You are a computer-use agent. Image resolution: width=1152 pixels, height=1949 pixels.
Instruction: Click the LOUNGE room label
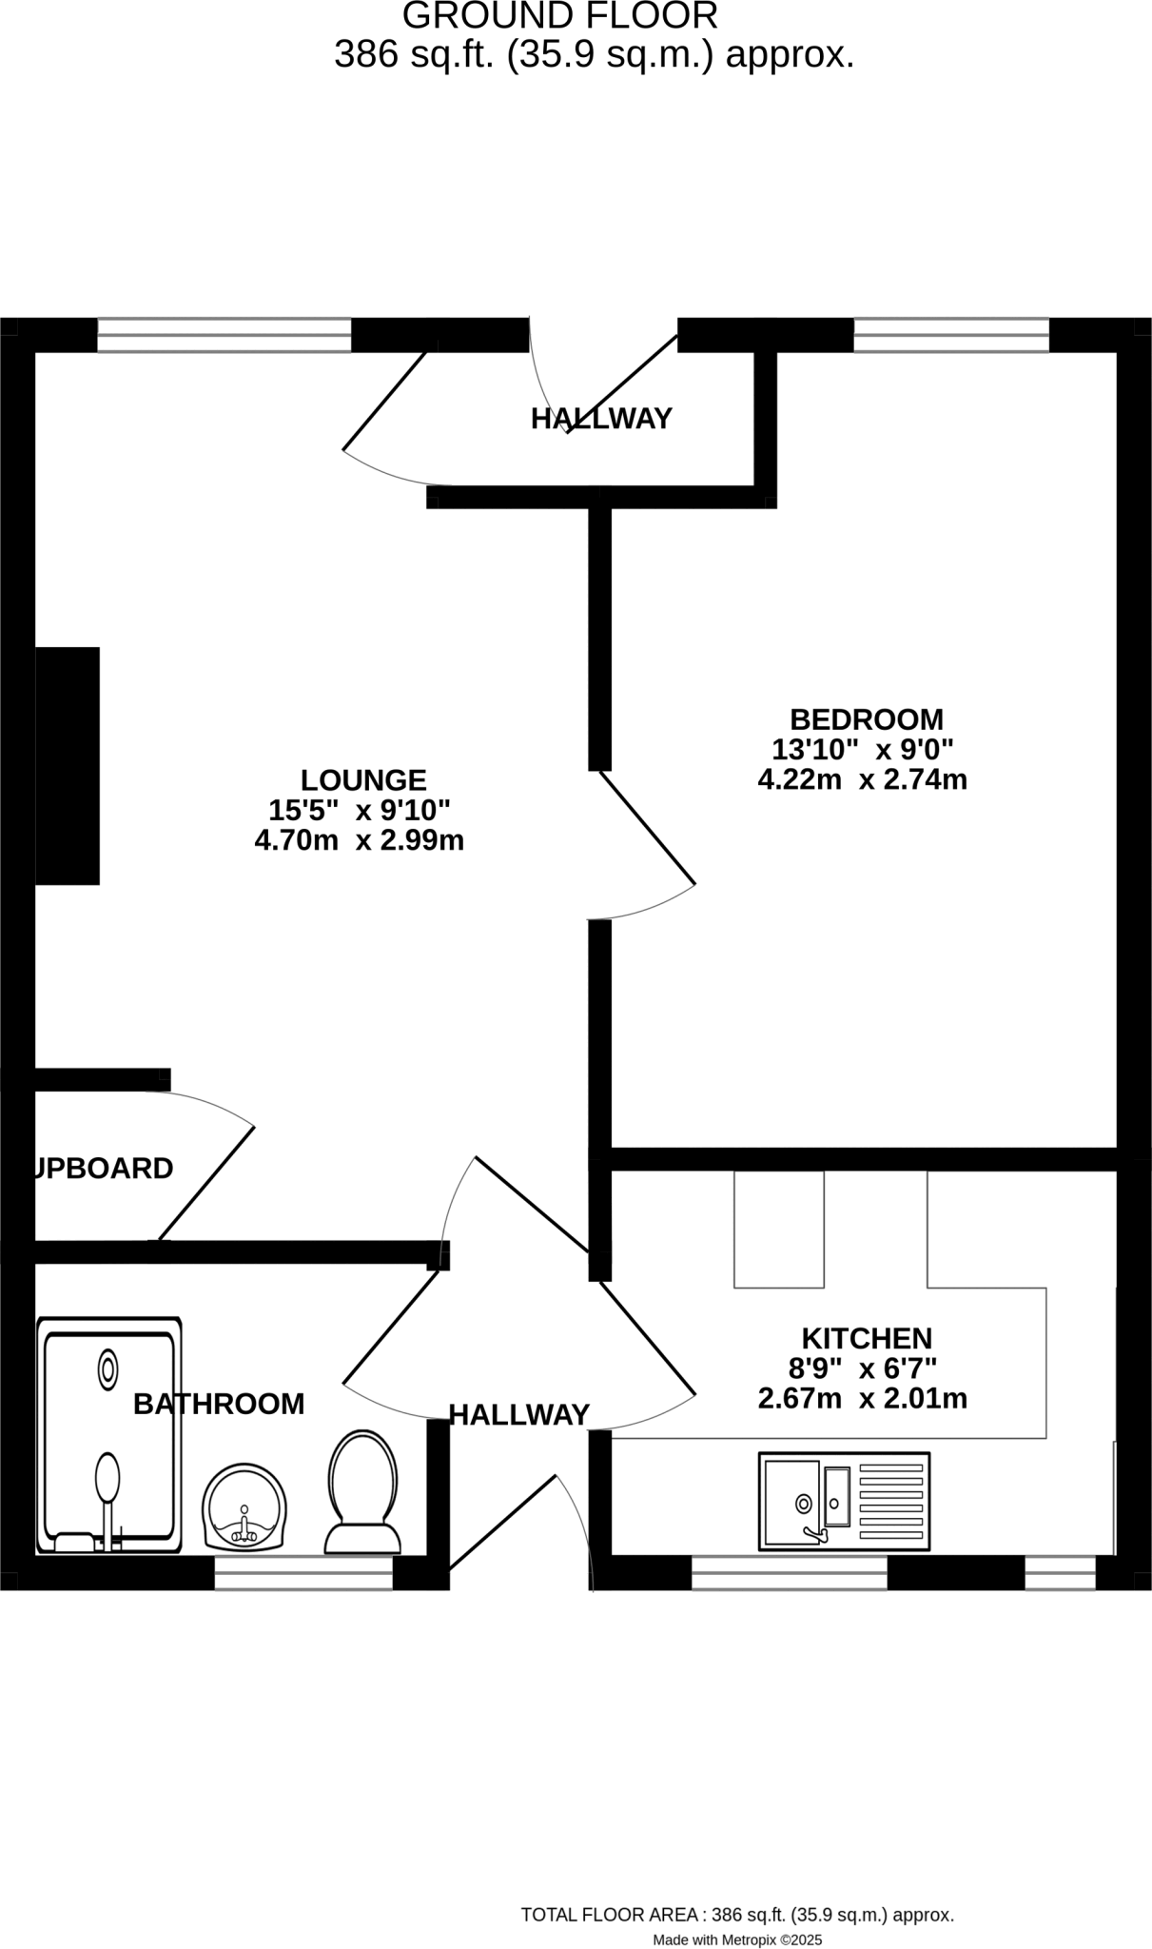[363, 780]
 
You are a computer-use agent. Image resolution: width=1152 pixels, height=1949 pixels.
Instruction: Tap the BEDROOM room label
[867, 719]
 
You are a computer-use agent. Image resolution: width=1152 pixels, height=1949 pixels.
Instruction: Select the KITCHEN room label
[867, 1339]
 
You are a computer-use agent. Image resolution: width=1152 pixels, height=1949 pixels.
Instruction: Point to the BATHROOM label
[219, 1404]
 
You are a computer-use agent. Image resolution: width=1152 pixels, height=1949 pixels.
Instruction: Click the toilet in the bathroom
[362, 1491]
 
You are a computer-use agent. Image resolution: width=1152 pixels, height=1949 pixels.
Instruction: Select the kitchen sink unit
[844, 1501]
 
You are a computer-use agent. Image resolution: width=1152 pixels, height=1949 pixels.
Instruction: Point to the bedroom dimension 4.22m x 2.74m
[862, 780]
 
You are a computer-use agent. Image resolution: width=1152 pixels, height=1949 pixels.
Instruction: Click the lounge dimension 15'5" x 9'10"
[359, 811]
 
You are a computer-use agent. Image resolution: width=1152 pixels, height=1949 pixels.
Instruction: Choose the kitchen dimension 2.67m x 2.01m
[862, 1399]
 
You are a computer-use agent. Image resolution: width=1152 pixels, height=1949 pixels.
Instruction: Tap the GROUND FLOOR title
[560, 16]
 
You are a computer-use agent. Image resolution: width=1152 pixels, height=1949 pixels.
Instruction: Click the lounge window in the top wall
[225, 335]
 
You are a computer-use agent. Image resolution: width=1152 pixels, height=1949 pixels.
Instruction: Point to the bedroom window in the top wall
[951, 335]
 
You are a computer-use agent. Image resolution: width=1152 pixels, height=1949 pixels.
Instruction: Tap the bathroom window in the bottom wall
[303, 1573]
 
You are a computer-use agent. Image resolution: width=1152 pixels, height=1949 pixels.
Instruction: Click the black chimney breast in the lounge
[68, 766]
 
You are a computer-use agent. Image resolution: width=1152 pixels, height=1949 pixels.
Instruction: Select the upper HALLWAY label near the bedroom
[601, 419]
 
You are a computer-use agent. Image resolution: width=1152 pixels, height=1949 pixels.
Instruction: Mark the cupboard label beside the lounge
[104, 1169]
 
